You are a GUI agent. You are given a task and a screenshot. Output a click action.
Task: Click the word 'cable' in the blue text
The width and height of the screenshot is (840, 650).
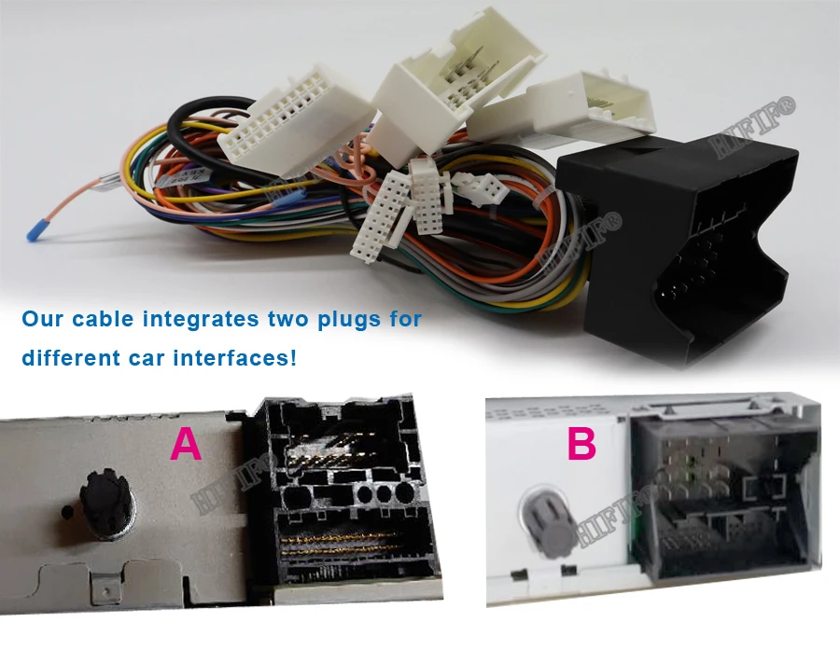[x=102, y=319]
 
